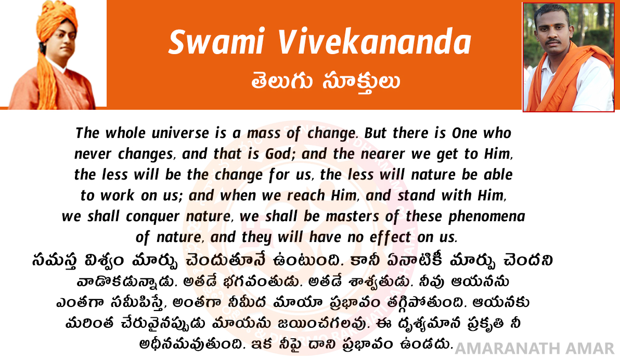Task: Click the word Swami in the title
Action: (216, 42)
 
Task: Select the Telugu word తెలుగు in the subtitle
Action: (282, 81)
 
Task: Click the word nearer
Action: (380, 154)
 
